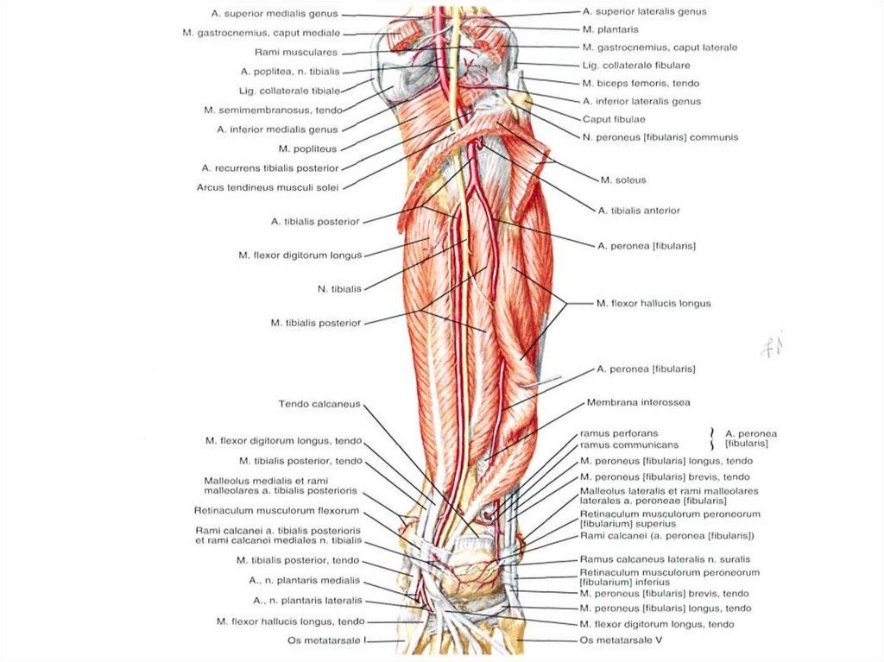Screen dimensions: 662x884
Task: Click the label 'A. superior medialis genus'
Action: [275, 14]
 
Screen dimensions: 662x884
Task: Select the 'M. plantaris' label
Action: [610, 29]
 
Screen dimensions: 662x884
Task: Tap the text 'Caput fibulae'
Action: [614, 119]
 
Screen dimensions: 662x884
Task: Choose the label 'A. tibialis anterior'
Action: [639, 210]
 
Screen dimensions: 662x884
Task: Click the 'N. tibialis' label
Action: [339, 288]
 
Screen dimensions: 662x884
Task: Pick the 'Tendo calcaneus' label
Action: [319, 403]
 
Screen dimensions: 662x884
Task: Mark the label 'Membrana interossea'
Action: [638, 402]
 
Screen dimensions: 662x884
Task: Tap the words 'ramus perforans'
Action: [619, 432]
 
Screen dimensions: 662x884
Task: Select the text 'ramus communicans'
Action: [629, 445]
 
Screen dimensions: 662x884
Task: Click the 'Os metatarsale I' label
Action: [327, 640]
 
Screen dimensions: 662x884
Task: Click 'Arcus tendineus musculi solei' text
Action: [268, 187]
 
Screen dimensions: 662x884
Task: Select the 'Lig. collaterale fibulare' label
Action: [635, 65]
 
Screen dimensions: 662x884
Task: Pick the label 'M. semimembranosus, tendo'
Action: [274, 110]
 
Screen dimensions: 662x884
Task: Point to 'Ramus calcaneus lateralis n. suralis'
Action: [665, 559]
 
